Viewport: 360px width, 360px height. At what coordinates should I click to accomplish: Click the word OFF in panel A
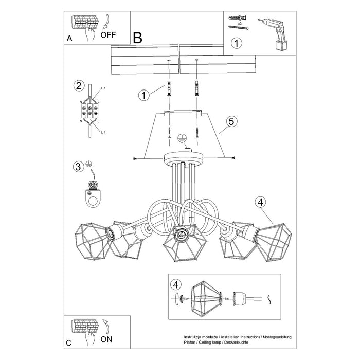pos(108,35)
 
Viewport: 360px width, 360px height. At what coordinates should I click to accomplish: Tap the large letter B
pos(137,38)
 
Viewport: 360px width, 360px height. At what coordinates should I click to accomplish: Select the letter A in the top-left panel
pos(69,38)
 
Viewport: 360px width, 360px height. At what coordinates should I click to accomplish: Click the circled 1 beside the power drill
pos(236,43)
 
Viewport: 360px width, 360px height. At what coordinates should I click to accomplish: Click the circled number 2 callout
pos(78,85)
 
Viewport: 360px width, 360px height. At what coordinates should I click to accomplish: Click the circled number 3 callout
pos(78,166)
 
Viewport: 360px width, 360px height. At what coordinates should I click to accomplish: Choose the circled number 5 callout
pos(231,121)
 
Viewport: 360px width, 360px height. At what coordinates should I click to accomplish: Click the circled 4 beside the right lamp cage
pos(260,202)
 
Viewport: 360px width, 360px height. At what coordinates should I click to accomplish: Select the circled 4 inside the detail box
pos(176,284)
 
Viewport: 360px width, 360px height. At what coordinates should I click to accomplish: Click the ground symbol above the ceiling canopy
pos(181,138)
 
